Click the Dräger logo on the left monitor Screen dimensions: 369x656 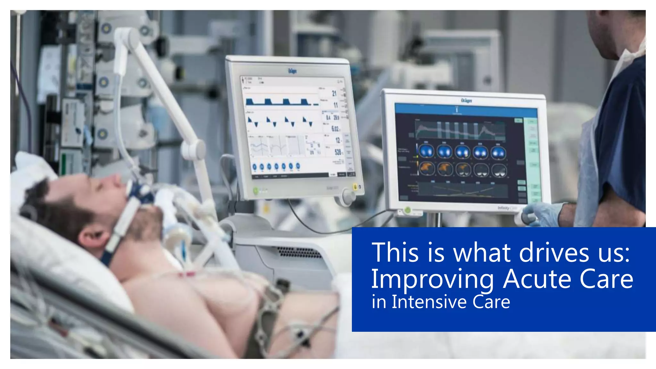click(292, 71)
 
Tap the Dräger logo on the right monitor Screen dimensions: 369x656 click(466, 101)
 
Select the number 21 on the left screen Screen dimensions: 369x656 click(334, 93)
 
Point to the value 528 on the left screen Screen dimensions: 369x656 click(338, 152)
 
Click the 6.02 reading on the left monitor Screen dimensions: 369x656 click(335, 129)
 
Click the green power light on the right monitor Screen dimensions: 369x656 click(407, 210)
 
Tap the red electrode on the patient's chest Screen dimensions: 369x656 click(187, 275)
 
